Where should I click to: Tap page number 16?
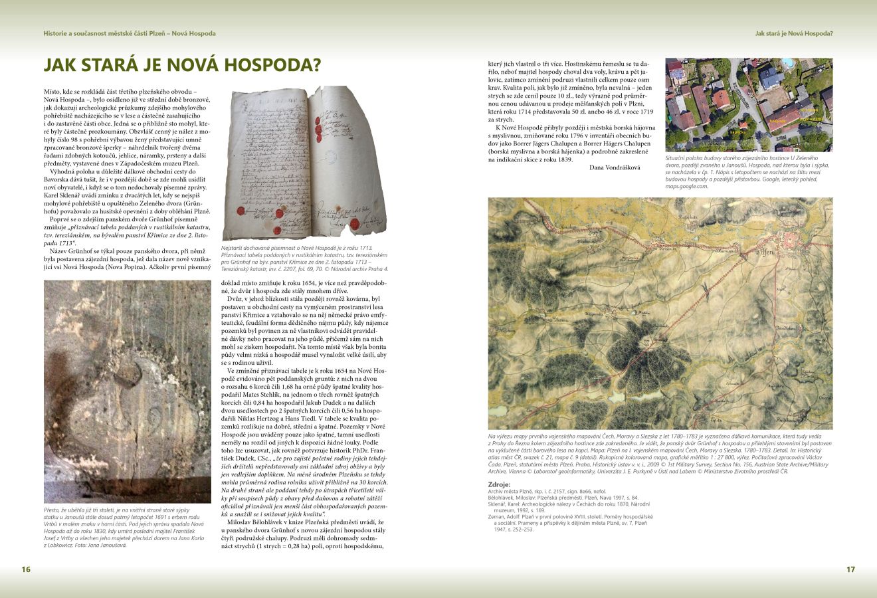tap(26, 569)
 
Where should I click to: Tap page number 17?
tap(850, 569)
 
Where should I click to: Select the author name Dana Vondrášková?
tap(615, 167)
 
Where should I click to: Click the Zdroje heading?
tap(499, 484)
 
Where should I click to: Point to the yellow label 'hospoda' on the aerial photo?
tap(777, 122)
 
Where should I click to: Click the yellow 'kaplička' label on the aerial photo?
tap(737, 132)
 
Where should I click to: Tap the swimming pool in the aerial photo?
tap(788, 62)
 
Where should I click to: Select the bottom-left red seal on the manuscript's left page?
tap(240, 227)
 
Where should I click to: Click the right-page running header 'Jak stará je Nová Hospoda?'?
tap(794, 33)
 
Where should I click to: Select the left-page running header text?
tap(129, 33)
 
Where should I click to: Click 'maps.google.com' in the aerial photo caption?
tap(688, 187)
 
